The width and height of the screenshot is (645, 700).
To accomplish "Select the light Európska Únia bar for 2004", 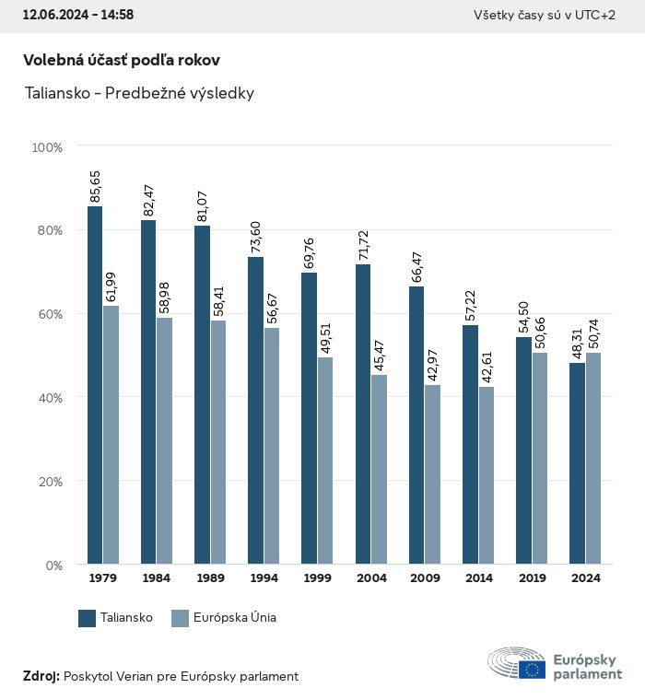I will [379, 469].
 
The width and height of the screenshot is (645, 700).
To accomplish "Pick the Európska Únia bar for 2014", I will [486, 475].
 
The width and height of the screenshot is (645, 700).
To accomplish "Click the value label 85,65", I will [95, 186].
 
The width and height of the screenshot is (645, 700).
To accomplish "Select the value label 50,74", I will [592, 332].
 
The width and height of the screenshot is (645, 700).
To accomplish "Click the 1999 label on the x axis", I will [318, 578].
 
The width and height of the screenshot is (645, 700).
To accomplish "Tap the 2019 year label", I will [532, 578].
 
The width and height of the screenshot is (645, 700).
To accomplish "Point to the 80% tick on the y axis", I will [47, 230].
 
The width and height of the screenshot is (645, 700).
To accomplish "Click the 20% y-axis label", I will [47, 482].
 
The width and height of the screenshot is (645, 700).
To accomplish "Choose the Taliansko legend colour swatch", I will [88, 618].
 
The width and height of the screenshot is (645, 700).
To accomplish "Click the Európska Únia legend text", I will [235, 618].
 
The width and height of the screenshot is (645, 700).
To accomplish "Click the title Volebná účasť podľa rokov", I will [122, 60].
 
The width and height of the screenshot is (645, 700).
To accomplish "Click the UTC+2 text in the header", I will [595, 15].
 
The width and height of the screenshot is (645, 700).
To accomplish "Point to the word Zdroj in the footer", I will [40, 676].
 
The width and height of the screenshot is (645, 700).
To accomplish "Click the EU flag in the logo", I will [532, 670].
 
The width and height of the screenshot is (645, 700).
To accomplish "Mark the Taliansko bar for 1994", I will [255, 411].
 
